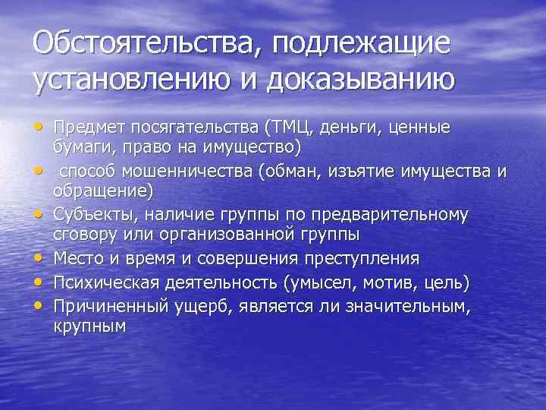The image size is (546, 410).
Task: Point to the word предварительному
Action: [394, 215]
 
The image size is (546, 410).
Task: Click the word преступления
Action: [361, 260]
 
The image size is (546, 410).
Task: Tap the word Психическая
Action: [109, 282]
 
